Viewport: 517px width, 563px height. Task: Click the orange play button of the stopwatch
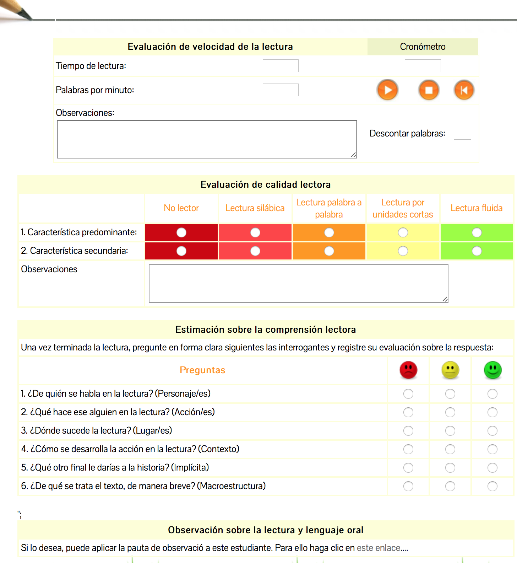(x=387, y=90)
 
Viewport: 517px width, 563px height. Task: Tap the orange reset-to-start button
(x=464, y=90)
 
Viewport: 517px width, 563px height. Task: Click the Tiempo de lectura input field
(x=281, y=66)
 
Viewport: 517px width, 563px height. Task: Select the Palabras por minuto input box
(x=281, y=90)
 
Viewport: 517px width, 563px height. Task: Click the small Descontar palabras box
(x=462, y=133)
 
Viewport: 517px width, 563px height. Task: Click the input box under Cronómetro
(x=423, y=66)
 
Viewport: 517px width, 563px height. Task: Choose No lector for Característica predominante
(x=181, y=232)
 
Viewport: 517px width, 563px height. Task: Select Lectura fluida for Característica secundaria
(x=477, y=251)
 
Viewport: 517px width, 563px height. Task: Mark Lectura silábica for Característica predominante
(x=255, y=232)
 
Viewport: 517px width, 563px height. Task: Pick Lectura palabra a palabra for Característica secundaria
(x=329, y=251)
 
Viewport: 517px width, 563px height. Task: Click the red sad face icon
(x=408, y=370)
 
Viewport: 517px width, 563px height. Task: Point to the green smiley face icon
(x=492, y=370)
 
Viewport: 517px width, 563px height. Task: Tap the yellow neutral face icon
(x=450, y=370)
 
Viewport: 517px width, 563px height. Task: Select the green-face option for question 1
(x=492, y=394)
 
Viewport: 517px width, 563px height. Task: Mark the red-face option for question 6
(x=408, y=486)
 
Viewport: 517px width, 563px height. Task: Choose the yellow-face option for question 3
(x=450, y=431)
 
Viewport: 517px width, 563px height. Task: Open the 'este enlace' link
(x=378, y=548)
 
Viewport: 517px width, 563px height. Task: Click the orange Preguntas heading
(x=202, y=370)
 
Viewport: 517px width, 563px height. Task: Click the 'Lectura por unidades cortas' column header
(x=403, y=208)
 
